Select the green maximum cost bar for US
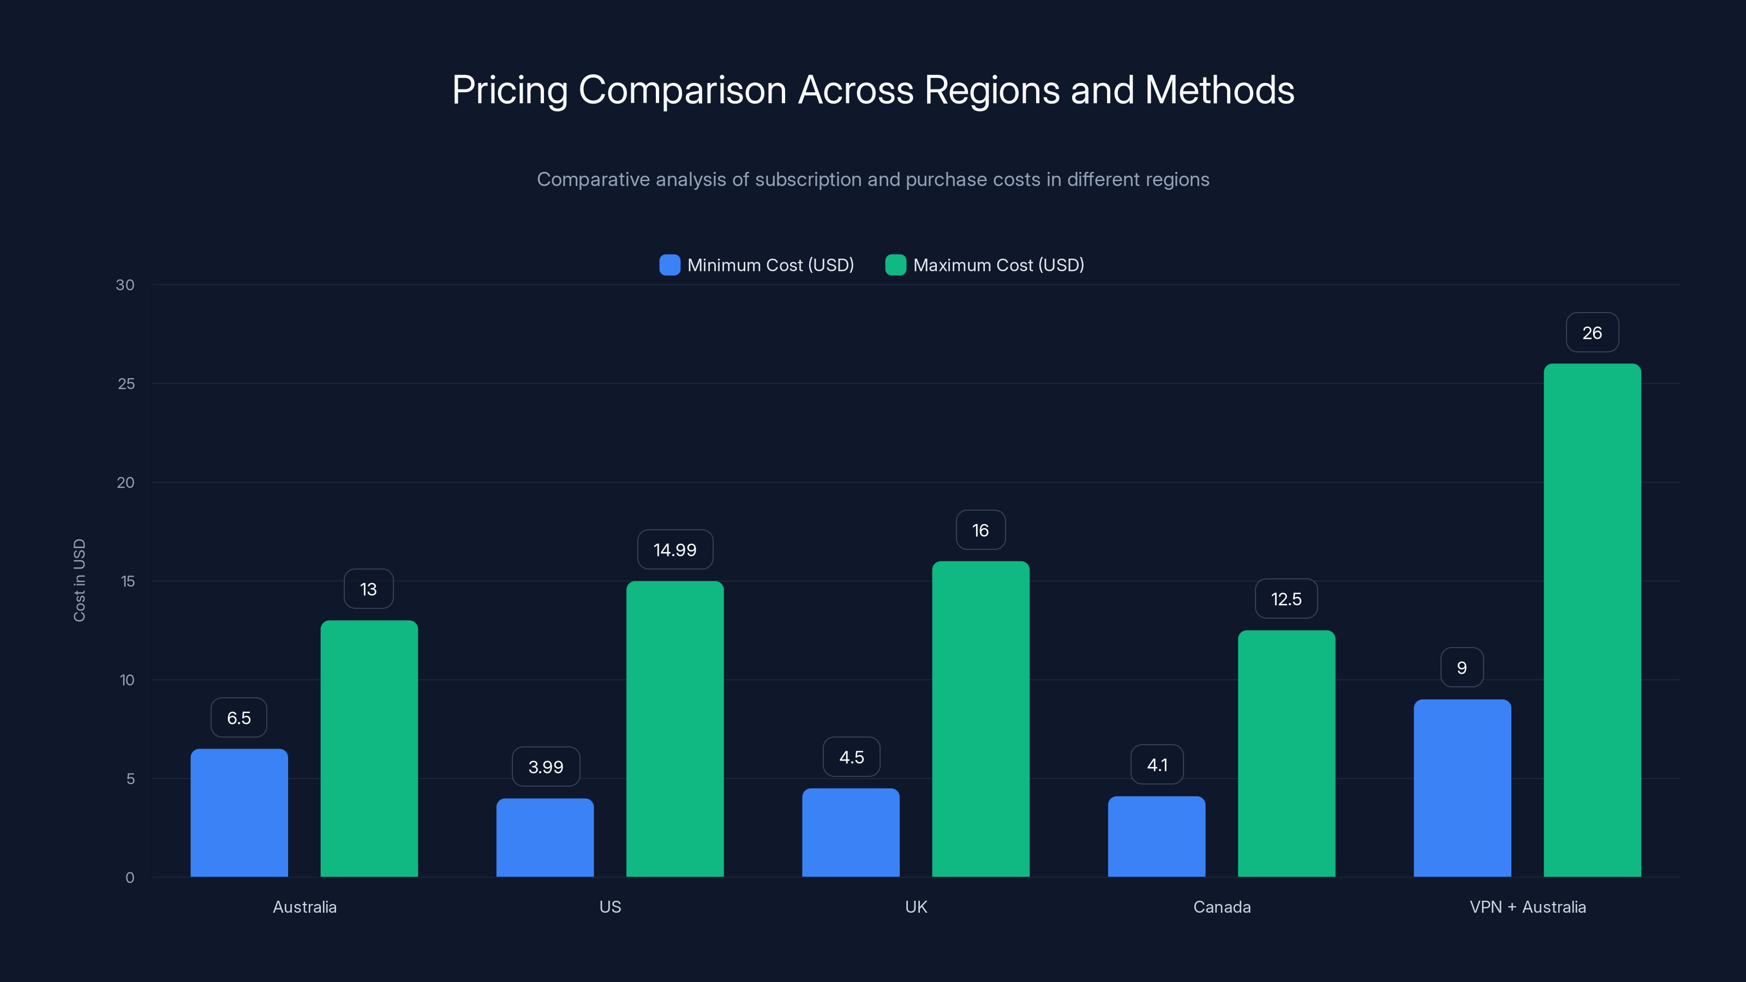click(x=674, y=728)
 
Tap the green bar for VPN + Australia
click(x=1592, y=620)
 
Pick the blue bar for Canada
click(x=1156, y=836)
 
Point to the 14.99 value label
click(x=674, y=549)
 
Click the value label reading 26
click(x=1592, y=333)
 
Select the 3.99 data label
click(x=546, y=767)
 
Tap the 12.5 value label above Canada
click(x=1286, y=599)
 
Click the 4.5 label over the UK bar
click(x=851, y=757)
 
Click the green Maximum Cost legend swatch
click(x=895, y=265)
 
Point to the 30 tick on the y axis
click(x=125, y=285)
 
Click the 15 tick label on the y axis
click(x=128, y=581)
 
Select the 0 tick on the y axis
click(x=129, y=878)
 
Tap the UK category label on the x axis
click(x=916, y=907)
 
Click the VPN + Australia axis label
click(x=1528, y=907)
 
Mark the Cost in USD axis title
click(x=79, y=580)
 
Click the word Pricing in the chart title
click(x=510, y=90)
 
